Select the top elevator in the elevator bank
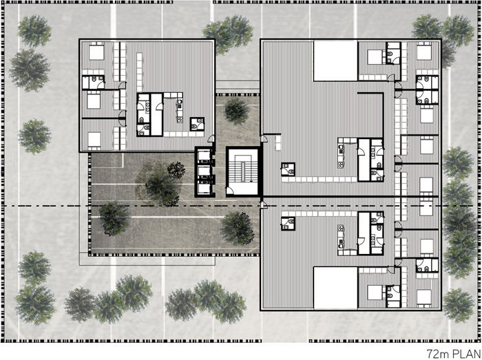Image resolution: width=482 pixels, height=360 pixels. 204,156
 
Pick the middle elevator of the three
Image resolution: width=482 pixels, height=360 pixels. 204,171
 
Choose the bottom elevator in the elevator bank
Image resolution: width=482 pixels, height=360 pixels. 204,188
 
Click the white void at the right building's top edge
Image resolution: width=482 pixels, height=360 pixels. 335,61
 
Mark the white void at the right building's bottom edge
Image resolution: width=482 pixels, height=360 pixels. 335,288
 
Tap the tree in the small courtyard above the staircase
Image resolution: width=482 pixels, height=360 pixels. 236,111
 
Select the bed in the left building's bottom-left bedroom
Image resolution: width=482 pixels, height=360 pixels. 94,140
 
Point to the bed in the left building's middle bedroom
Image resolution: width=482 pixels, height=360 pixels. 94,100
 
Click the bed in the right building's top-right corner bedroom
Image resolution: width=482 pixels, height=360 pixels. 424,52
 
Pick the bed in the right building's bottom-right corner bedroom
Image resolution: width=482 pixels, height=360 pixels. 424,297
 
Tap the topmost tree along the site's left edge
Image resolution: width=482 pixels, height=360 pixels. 34,30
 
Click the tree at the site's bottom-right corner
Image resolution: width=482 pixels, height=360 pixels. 459,305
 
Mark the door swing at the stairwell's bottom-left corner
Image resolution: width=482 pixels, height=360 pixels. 229,193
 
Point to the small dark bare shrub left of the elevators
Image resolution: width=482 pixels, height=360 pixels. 176,170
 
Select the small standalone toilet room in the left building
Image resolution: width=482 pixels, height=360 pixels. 197,124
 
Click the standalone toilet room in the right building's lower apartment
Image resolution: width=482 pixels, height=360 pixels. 288,223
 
